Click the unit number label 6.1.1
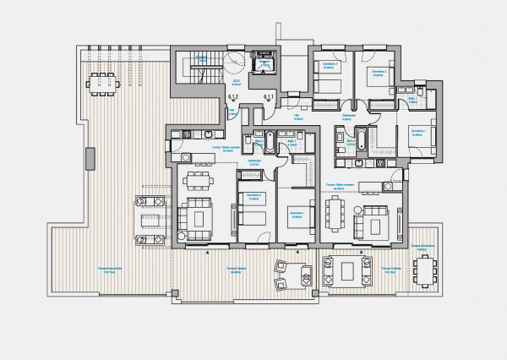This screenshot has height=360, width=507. (x=269, y=98)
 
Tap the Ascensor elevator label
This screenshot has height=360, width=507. (x=264, y=63)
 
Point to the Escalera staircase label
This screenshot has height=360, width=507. (x=201, y=57)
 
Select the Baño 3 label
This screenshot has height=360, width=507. (x=412, y=99)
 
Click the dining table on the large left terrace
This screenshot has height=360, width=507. (x=104, y=82)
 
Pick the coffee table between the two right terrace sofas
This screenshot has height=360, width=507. (x=348, y=270)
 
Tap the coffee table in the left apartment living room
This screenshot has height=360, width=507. (x=199, y=217)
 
